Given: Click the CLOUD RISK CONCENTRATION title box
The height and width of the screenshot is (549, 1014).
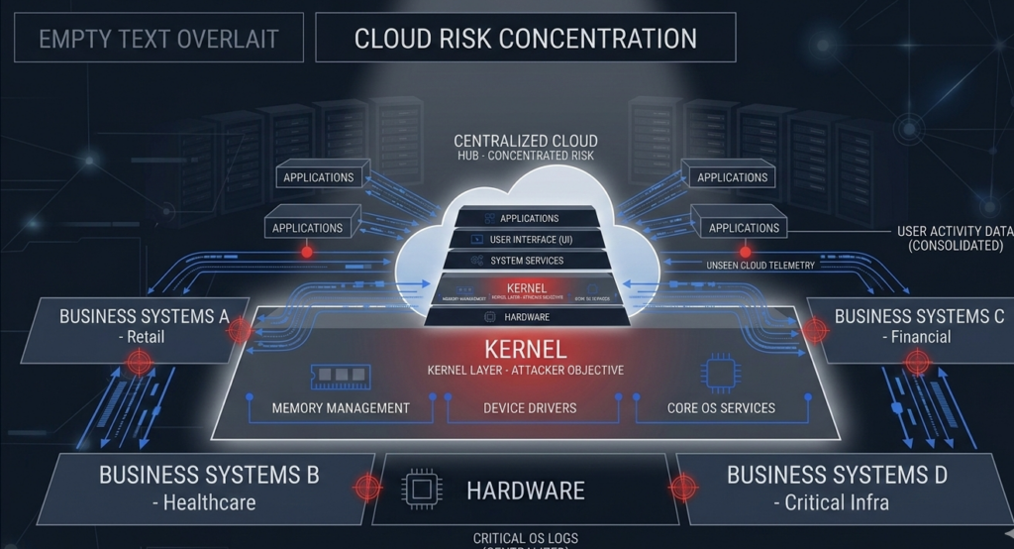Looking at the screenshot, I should tap(526, 39).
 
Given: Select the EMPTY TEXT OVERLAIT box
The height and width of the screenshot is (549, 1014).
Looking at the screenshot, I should tap(158, 41).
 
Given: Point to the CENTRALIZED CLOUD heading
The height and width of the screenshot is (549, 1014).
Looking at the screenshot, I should tap(526, 141).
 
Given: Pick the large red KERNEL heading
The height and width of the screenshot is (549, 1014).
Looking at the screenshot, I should tap(525, 350).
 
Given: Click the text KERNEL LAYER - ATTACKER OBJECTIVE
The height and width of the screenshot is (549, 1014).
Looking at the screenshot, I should tap(525, 371).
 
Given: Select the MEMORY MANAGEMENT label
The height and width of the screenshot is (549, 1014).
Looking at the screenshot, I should tap(341, 407).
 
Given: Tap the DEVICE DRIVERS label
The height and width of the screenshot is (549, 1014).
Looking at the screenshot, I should tap(530, 407).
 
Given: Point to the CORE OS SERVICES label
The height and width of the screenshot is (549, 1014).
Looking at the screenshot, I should tap(721, 407).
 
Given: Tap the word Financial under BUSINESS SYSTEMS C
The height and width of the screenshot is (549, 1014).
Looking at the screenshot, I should tap(919, 337).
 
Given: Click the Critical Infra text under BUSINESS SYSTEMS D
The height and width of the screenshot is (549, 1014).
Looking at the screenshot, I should tap(837, 501).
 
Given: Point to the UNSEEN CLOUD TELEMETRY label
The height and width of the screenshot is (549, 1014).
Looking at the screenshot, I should tap(760, 266).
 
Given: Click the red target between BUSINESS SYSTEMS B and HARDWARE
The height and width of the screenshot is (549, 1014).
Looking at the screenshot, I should tap(367, 487).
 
